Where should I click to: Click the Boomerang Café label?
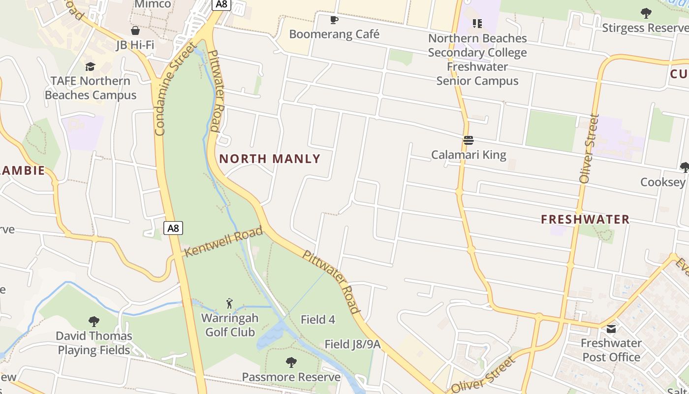[x=334, y=34]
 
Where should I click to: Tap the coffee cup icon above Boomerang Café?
[x=334, y=20]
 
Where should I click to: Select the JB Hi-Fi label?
[x=135, y=45]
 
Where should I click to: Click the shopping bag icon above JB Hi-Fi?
[x=135, y=31]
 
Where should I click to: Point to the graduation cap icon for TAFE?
[x=90, y=66]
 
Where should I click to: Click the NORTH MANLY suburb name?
[x=270, y=159]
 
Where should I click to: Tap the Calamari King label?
[x=469, y=155]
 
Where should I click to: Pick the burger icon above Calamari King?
[x=468, y=141]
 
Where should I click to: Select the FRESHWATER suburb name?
[x=585, y=220]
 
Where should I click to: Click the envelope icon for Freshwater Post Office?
[x=611, y=329]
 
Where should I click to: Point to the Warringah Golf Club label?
[x=230, y=325]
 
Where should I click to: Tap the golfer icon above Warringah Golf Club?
[x=229, y=303]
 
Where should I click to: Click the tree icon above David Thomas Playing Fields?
[x=94, y=322]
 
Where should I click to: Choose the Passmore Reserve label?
[x=291, y=377]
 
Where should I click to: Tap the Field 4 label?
[x=317, y=320]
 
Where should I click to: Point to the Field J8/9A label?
[x=352, y=344]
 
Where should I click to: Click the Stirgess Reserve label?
[x=645, y=28]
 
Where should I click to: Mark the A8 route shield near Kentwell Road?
[x=173, y=228]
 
